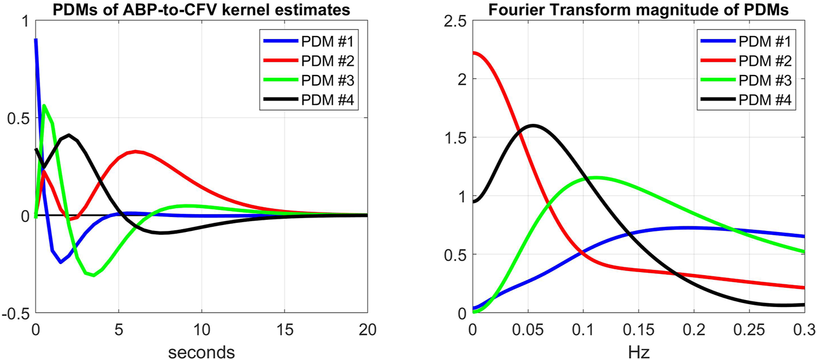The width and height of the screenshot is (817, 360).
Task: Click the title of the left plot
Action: click(201, 8)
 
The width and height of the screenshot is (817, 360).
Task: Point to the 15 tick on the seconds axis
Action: click(284, 329)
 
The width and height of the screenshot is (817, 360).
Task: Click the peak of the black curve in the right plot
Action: click(533, 125)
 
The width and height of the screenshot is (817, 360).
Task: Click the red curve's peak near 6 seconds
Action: click(135, 152)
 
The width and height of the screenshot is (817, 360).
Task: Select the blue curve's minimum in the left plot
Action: click(60, 262)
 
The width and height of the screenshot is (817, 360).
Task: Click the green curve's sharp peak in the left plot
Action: click(44, 105)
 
